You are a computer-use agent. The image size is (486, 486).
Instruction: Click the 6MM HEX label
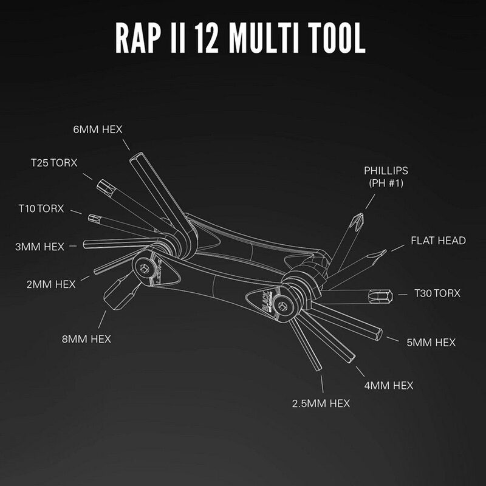(x=97, y=129)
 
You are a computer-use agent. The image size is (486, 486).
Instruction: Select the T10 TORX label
(x=41, y=208)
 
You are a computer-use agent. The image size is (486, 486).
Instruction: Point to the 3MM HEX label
(x=39, y=247)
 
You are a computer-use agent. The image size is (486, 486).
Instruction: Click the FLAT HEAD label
(x=438, y=241)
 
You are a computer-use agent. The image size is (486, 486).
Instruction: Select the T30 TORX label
(x=437, y=293)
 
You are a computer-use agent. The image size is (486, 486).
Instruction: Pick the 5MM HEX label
(x=431, y=343)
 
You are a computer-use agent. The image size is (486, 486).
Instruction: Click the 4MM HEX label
(x=389, y=385)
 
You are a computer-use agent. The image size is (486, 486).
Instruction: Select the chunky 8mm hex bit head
(x=115, y=294)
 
